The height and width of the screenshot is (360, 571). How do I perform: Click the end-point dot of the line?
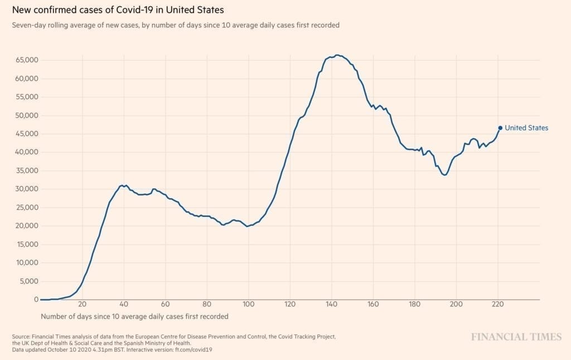pos(500,128)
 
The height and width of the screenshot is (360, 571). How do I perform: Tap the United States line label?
pos(526,128)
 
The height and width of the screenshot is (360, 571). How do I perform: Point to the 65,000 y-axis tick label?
pos(26,60)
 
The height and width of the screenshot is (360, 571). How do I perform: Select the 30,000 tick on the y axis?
pos(26,189)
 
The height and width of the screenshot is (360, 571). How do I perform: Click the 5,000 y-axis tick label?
pos(28,281)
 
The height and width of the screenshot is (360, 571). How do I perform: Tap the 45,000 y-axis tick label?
pos(26,134)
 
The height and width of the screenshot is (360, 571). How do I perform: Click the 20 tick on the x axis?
pos(82,305)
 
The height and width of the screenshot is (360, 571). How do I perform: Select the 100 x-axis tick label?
pos(249,305)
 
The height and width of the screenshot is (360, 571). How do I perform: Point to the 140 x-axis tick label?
pos(332,305)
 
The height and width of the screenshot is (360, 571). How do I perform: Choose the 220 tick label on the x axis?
pos(498,305)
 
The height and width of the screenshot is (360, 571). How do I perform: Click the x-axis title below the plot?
pos(134,317)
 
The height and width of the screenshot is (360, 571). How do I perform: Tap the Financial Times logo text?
pos(516,337)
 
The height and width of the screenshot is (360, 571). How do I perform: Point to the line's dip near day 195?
pos(444,175)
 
